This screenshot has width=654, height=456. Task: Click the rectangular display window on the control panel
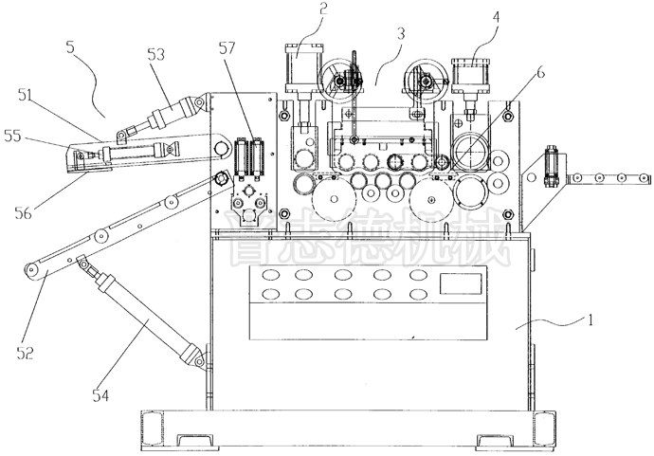pos(461,282)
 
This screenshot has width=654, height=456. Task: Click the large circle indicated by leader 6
pos(471,151)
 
